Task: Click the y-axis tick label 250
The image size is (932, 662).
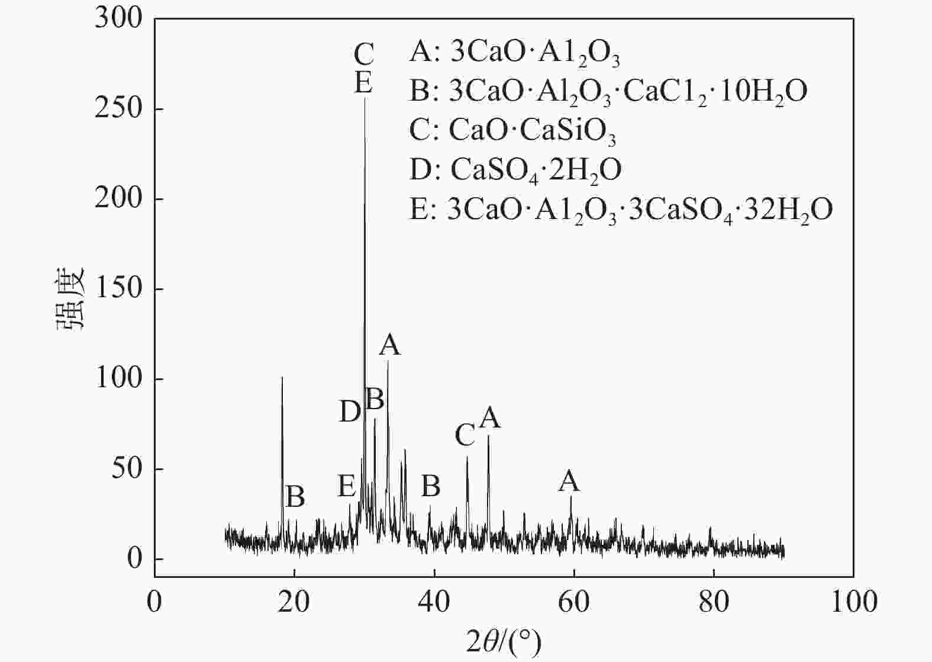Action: tap(118, 109)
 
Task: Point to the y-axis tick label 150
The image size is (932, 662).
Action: tap(118, 289)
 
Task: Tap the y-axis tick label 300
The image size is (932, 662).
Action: tap(118, 19)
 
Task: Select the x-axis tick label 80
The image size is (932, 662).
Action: tap(714, 602)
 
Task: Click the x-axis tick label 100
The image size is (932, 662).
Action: tap(853, 602)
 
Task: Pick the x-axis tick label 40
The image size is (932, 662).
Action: tap(434, 602)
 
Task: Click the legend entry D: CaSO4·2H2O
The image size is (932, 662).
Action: tap(515, 170)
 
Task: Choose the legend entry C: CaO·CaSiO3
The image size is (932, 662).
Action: tap(512, 131)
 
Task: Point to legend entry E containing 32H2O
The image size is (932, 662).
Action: tap(621, 210)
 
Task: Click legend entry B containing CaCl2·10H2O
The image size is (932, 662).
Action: tap(608, 92)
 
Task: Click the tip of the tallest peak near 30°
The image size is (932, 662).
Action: tap(365, 98)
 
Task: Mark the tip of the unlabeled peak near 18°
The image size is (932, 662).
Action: tap(282, 377)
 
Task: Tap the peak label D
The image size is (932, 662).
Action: tap(350, 412)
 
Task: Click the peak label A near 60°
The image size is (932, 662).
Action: tap(569, 481)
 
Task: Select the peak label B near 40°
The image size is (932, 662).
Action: tap(431, 486)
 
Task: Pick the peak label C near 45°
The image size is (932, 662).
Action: tap(465, 435)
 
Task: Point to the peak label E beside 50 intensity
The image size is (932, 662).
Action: tap(347, 486)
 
